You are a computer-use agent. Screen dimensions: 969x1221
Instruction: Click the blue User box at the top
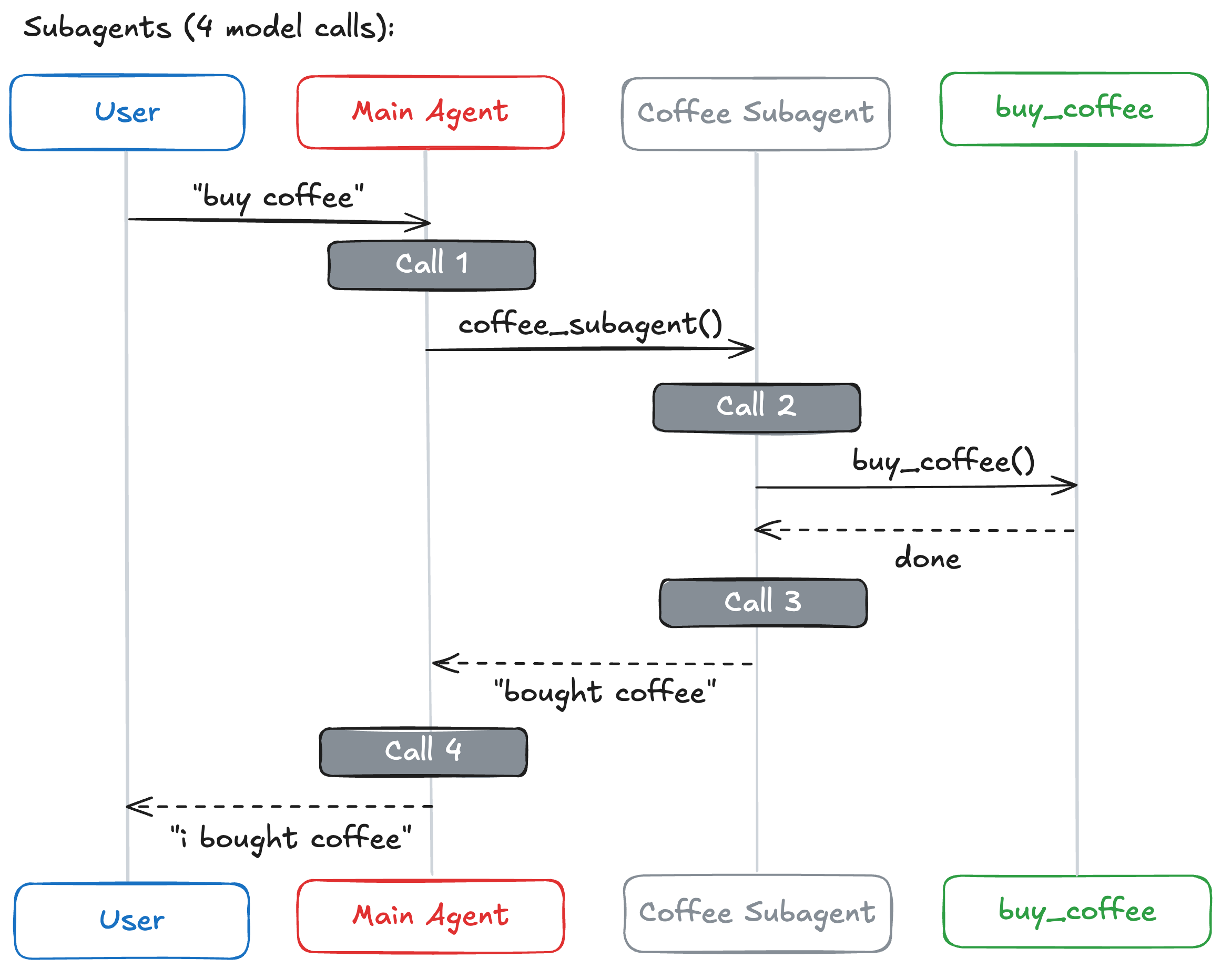coord(127,112)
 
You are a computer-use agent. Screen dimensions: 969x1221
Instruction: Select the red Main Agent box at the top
coord(431,112)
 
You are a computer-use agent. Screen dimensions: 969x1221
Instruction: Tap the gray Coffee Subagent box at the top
coord(756,113)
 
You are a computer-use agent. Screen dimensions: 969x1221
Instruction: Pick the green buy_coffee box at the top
coord(1074,109)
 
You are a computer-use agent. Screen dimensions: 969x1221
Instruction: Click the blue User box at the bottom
coord(131,920)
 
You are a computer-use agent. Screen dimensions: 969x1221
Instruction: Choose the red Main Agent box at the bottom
coord(431,916)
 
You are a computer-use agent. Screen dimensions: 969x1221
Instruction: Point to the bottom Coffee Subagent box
coord(757,913)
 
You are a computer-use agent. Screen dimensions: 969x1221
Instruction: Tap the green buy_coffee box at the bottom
coord(1076,911)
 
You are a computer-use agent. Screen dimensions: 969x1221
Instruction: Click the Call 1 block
coord(432,265)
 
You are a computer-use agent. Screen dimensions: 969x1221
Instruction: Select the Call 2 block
coord(757,408)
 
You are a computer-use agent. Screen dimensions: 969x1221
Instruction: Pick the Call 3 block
coord(763,603)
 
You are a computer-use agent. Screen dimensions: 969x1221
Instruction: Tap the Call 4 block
coord(423,751)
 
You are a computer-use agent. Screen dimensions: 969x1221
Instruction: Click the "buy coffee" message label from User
coord(278,197)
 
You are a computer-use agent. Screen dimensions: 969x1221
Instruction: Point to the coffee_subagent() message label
coord(590,324)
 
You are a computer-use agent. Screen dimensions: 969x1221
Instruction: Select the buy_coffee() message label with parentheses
coord(943,461)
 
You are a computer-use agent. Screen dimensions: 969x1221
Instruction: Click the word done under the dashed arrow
coord(927,559)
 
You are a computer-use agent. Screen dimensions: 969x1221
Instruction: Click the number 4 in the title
coord(205,27)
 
